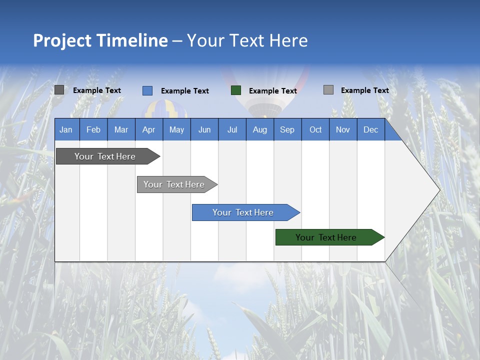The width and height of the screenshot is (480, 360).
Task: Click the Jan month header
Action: (x=66, y=129)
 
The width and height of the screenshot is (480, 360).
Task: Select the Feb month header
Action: (x=93, y=129)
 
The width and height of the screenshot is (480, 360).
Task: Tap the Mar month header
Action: (x=121, y=129)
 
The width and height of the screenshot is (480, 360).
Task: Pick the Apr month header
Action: (x=148, y=129)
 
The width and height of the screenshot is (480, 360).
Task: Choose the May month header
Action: (x=176, y=129)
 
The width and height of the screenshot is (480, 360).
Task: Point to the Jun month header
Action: (x=204, y=129)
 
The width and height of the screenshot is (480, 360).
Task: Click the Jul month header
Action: (x=232, y=129)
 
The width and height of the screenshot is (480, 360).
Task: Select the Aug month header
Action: (x=260, y=129)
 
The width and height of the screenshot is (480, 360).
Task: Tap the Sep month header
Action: (x=287, y=129)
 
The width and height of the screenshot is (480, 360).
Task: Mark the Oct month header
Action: (x=315, y=129)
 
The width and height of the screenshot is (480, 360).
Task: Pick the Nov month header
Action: (x=343, y=129)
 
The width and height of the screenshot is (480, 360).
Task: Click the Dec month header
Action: (x=370, y=129)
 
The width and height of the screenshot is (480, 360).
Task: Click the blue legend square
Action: (x=147, y=90)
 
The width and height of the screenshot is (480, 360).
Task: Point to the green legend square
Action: (x=236, y=90)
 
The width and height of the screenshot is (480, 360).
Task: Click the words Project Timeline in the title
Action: (x=100, y=40)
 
